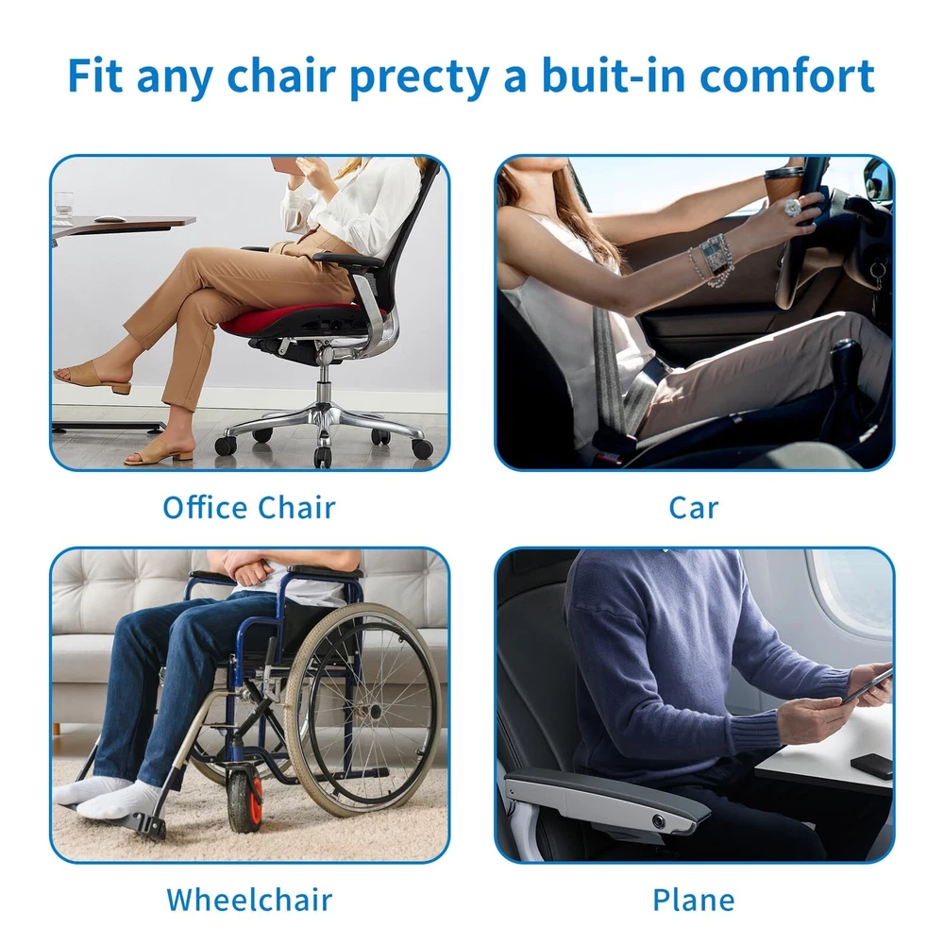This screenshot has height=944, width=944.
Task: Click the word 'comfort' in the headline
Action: tap(787, 76)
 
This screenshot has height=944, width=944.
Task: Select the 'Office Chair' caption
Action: tap(249, 508)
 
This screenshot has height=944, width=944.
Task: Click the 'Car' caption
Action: tap(694, 508)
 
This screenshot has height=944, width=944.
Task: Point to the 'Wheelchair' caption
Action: tap(249, 900)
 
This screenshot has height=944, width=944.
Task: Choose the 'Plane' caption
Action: tap(694, 901)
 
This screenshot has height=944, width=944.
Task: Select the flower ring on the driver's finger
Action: tap(793, 209)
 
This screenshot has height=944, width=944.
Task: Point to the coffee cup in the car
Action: tap(783, 182)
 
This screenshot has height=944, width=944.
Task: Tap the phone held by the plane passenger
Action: tap(867, 687)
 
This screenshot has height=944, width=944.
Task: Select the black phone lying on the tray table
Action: tap(871, 767)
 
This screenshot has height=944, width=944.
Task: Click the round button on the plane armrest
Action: tap(659, 820)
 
